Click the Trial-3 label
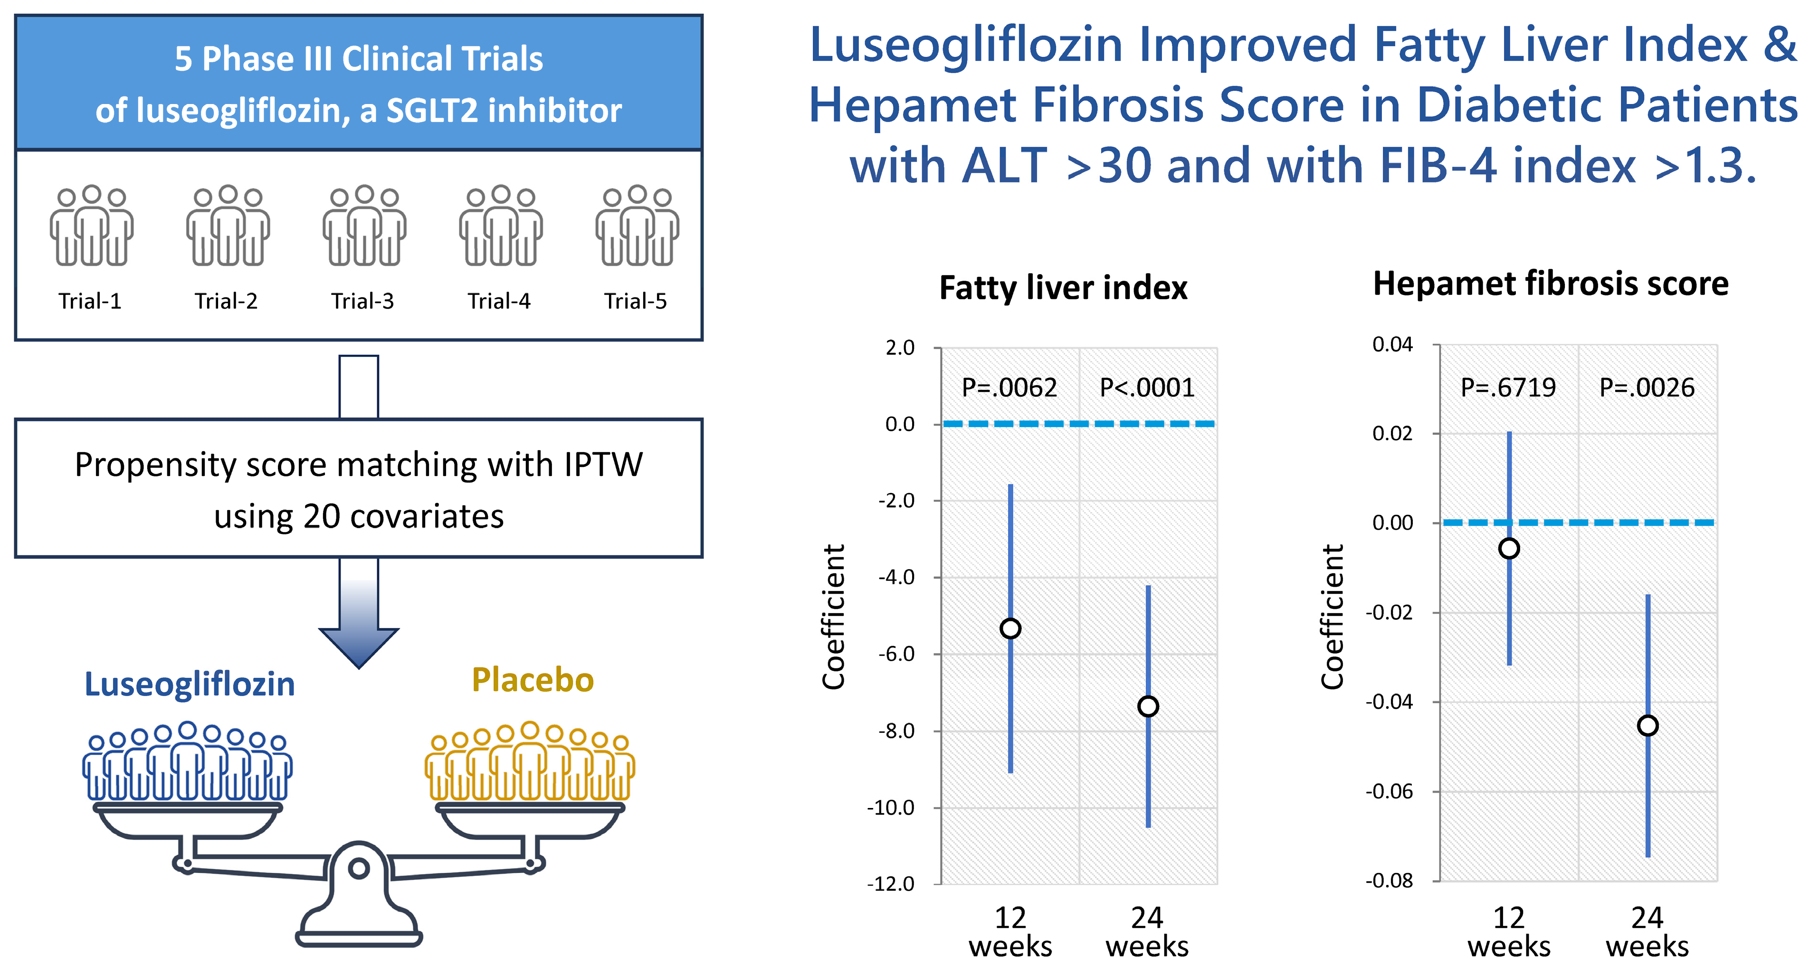(x=362, y=301)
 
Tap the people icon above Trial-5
(x=637, y=226)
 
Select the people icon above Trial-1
(x=91, y=226)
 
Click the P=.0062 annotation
(x=1009, y=388)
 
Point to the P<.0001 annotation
(x=1147, y=388)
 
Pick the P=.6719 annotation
(x=1508, y=388)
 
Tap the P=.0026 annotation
(x=1647, y=388)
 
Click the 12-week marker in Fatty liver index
(x=1010, y=628)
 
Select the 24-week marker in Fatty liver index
(x=1148, y=706)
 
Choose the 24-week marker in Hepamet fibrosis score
(x=1647, y=725)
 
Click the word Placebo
(x=533, y=680)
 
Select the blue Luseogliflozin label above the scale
(x=190, y=684)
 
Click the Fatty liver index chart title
(x=1063, y=288)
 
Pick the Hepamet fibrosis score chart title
(x=1551, y=284)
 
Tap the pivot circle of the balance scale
(x=359, y=869)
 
